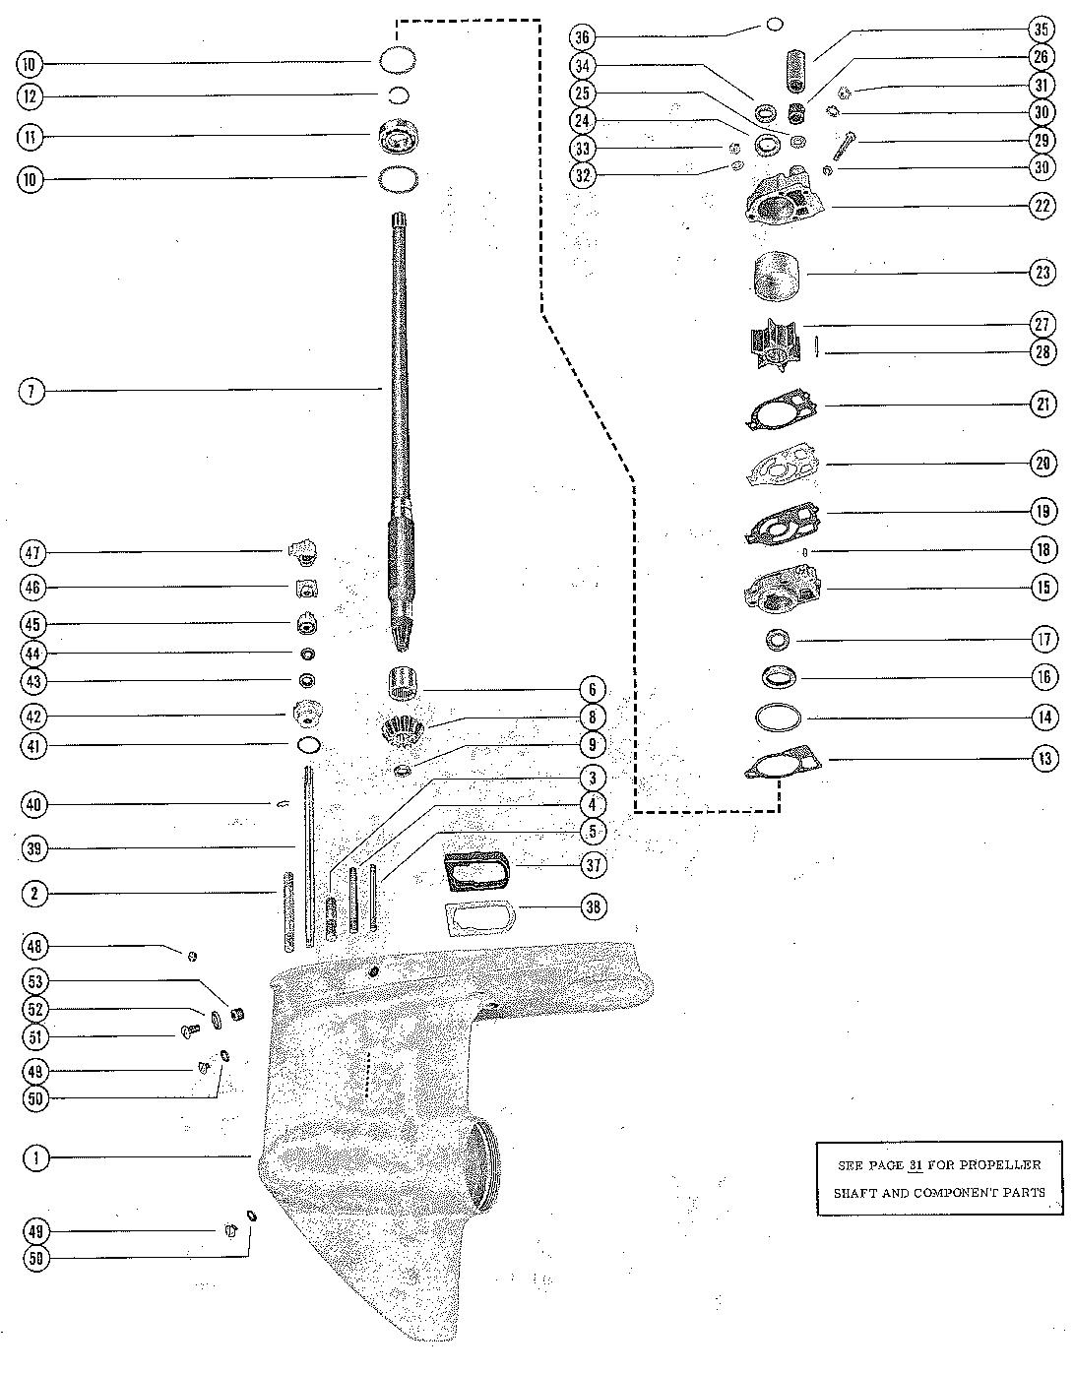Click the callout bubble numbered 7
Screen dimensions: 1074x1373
pos(32,391)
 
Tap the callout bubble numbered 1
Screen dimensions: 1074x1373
pos(35,1157)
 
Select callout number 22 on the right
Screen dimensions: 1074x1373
pos(1042,206)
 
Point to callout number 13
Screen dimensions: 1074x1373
pos(1044,758)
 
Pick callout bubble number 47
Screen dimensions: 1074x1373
pos(32,553)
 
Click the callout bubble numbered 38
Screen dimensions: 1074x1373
pos(594,906)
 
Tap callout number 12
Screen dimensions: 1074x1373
pos(31,96)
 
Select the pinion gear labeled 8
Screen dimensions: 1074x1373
pos(402,732)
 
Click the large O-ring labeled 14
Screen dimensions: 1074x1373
pos(779,718)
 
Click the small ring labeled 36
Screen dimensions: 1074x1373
pos(775,25)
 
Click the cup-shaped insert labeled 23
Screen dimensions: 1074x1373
pos(775,274)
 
